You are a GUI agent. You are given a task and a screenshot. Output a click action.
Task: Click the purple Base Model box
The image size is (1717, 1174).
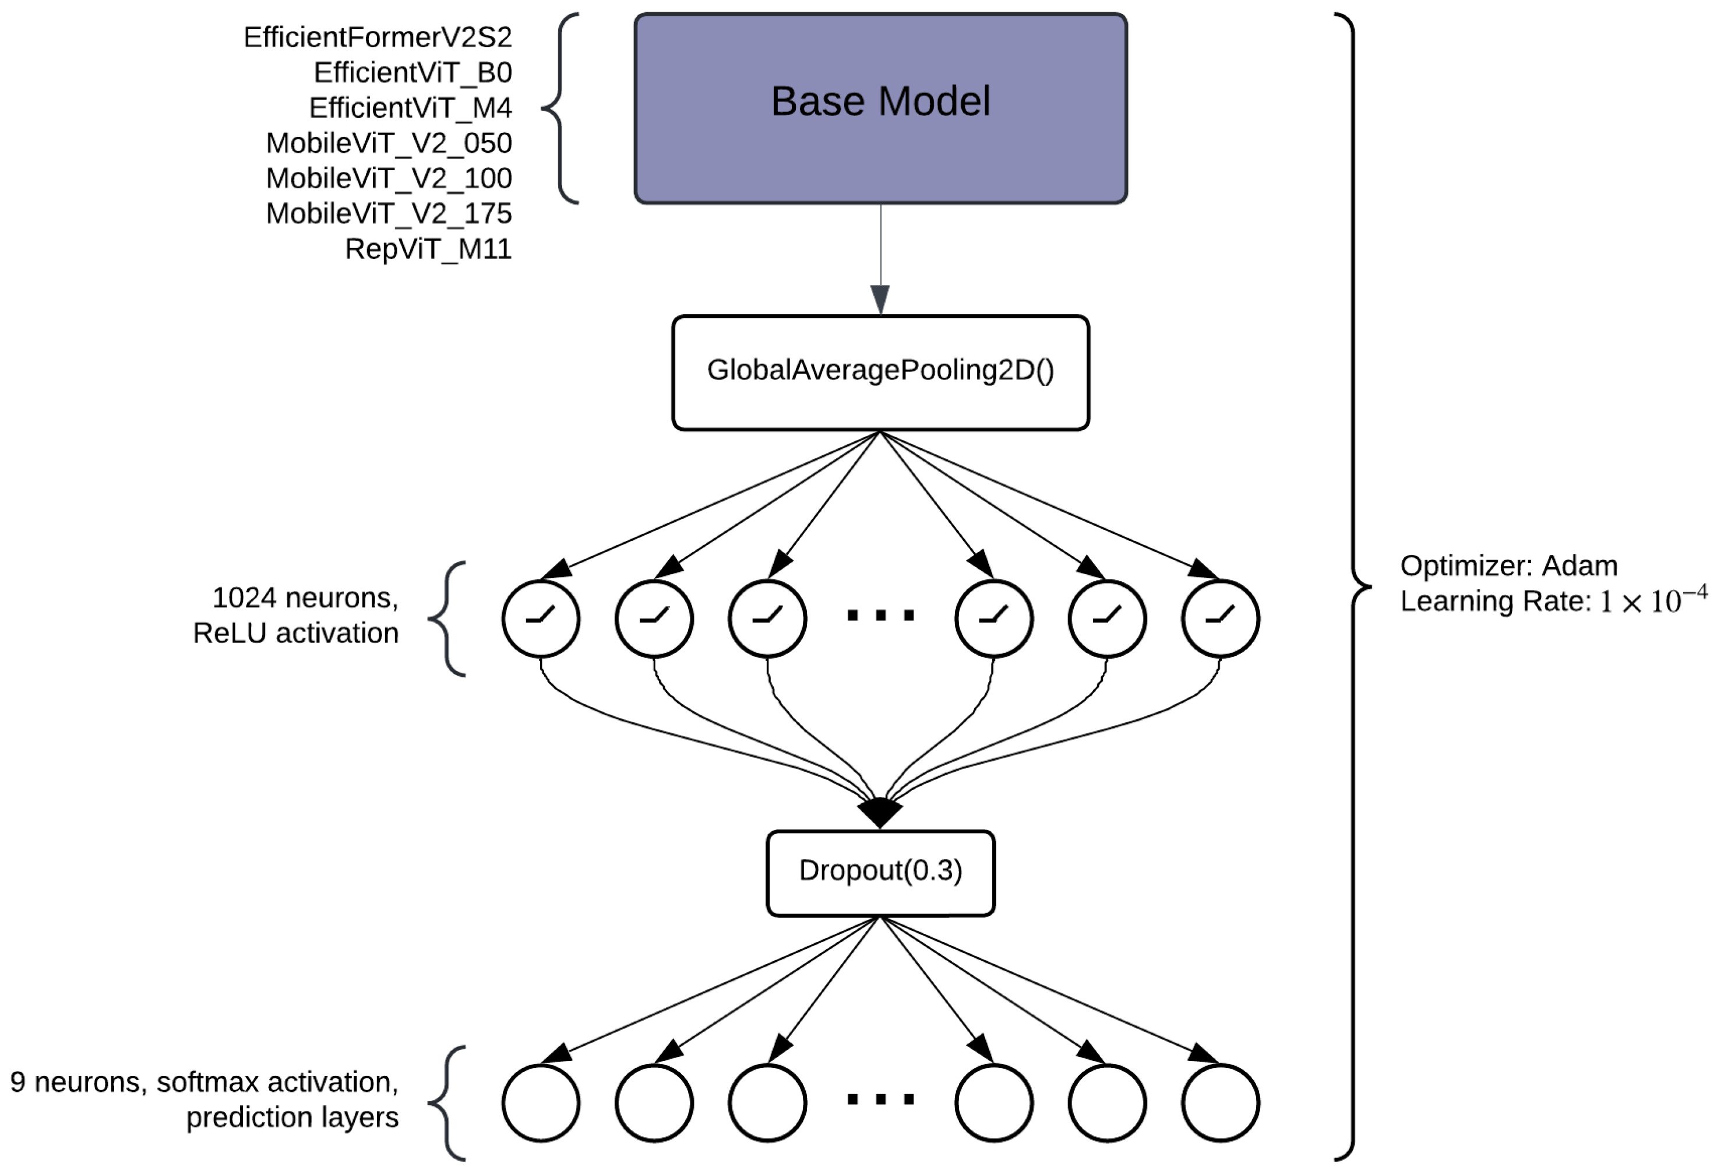coord(880,108)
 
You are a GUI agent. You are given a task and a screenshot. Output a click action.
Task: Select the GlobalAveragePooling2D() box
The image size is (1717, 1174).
coord(880,372)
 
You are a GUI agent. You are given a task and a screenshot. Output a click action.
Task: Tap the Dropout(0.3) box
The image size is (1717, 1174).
coord(880,873)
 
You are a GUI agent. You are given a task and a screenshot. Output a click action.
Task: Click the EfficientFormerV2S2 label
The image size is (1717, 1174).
coord(378,37)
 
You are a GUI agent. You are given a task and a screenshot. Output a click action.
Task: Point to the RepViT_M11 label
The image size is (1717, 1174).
coord(428,249)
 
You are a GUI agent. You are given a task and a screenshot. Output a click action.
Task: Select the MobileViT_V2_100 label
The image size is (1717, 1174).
coord(389,178)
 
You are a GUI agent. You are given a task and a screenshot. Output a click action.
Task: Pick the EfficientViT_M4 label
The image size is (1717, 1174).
coord(410,108)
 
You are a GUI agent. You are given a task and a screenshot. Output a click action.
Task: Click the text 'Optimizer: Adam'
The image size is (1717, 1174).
coord(1508,566)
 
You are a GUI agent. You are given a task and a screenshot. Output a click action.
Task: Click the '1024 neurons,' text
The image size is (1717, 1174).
coord(305,598)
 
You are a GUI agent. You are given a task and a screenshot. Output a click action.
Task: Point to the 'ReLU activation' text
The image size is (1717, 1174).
coord(295,634)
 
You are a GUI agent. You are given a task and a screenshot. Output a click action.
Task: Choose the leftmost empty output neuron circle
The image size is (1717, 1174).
coord(541,1102)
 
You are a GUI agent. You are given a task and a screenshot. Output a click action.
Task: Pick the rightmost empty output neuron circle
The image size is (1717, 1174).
coord(1220,1102)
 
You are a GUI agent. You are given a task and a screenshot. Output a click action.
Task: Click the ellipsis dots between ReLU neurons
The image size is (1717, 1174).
coord(880,615)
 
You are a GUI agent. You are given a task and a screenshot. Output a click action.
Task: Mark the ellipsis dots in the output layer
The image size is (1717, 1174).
coord(880,1099)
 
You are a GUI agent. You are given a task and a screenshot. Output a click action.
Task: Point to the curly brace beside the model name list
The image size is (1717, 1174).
coord(559,108)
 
